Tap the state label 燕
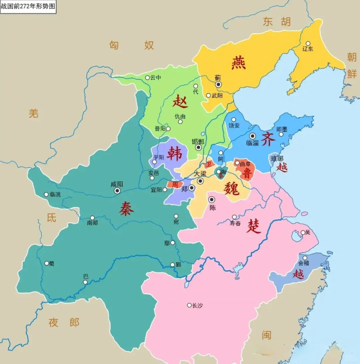point(238,63)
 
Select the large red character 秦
point(127,208)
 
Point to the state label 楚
point(254,226)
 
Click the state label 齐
point(268,139)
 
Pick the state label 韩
point(174,154)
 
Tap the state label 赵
point(180,101)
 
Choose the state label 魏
point(231,188)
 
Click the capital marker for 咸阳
point(117,191)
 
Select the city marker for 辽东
point(308,43)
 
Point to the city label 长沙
point(197,306)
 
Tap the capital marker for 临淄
point(253,136)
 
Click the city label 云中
point(155,78)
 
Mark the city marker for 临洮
point(46,194)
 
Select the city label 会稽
point(304,263)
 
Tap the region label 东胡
point(277,21)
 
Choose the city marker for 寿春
point(234,217)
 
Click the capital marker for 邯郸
point(198,148)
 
